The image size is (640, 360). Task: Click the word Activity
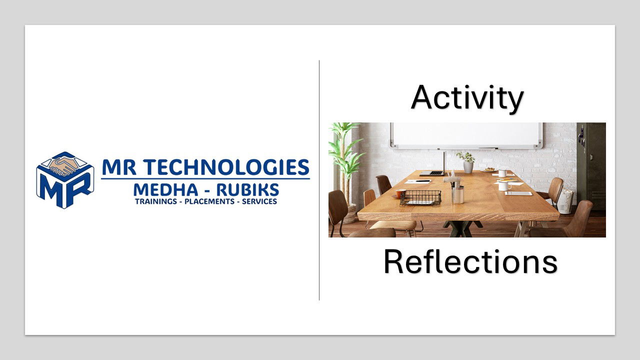[x=467, y=97]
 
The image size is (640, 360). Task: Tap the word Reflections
[x=470, y=261]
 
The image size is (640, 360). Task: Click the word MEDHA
[x=165, y=189]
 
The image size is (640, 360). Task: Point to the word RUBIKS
[x=247, y=189]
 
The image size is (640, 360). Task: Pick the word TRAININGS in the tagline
[x=156, y=201]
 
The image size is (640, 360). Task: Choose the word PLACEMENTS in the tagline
[x=209, y=201]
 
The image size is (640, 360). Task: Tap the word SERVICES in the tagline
[x=259, y=201]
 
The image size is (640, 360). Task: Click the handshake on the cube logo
[x=63, y=165]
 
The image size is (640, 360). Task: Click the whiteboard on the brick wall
[x=466, y=135]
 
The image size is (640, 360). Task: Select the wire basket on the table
[x=420, y=197]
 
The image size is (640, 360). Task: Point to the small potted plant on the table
[x=467, y=162]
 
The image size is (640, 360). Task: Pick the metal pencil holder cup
[x=457, y=195]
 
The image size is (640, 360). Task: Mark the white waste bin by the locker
[x=565, y=201]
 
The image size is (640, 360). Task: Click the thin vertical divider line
[x=319, y=180]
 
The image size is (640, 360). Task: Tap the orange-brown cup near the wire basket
[x=400, y=193]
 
